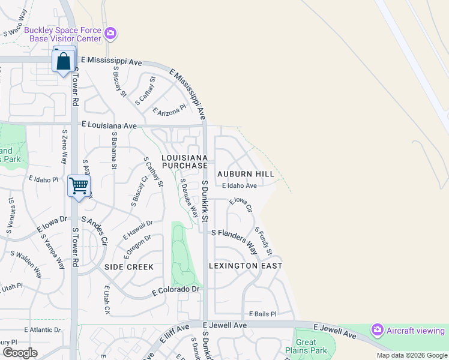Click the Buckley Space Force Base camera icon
point(110,33)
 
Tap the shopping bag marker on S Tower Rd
point(64,61)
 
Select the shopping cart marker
point(79,185)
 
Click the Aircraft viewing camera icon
point(378,329)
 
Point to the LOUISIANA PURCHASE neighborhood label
point(185,161)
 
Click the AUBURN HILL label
point(246,174)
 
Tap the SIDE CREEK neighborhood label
point(129,266)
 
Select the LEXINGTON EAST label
point(246,265)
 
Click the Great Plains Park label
point(311,346)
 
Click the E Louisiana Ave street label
point(109,126)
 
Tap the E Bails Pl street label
point(262,314)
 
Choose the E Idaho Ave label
point(239,186)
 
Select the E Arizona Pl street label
point(170,111)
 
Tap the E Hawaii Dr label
point(138,229)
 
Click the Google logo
point(20,353)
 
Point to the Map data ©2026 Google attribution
point(412,355)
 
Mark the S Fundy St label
point(264,240)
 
